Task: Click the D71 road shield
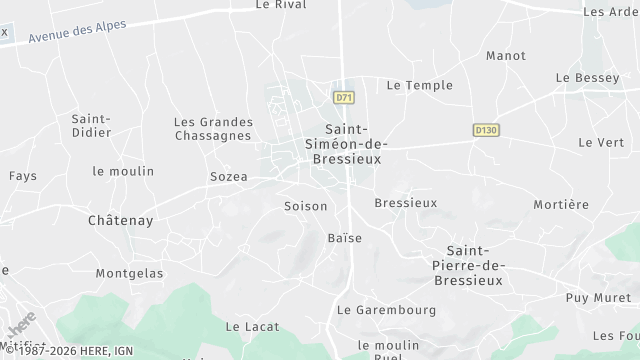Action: click(344, 97)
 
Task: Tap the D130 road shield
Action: click(486, 130)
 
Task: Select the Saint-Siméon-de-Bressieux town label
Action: click(344, 144)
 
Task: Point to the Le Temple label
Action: click(419, 86)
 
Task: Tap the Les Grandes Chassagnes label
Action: click(213, 129)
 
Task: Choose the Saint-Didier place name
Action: click(90, 126)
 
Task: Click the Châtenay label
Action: click(120, 220)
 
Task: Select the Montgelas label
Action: click(128, 273)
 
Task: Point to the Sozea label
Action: click(228, 177)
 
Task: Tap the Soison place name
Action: click(305, 206)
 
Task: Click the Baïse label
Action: click(344, 238)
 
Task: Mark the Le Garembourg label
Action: click(387, 310)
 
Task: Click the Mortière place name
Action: click(561, 205)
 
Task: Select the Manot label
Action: click(505, 56)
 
